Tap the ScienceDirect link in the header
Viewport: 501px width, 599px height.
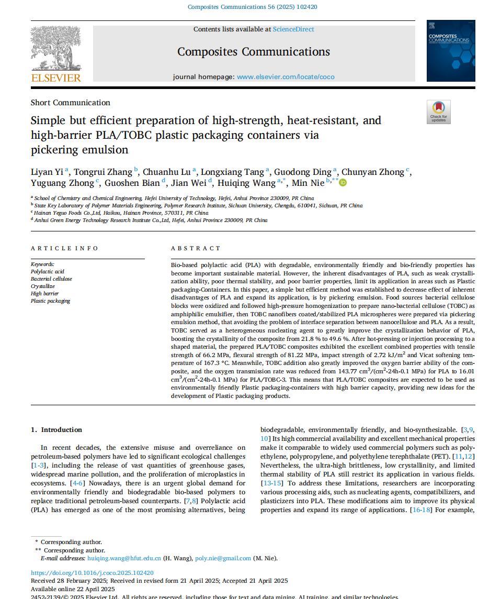pos(293,29)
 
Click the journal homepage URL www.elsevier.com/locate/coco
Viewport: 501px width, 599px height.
pos(286,77)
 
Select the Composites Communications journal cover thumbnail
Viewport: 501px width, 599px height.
pos(451,51)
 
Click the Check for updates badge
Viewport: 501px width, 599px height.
pos(438,112)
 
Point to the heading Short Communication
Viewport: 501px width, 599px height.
pos(71,103)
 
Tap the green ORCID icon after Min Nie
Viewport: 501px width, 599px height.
pos(343,183)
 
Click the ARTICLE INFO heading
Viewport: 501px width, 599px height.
pos(64,248)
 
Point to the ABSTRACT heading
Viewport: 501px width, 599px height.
pos(196,248)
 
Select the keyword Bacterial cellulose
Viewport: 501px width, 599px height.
pos(51,279)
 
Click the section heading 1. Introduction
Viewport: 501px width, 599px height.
pos(56,430)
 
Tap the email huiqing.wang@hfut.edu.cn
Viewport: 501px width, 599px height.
pos(124,558)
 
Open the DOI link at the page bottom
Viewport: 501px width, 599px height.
pos(92,573)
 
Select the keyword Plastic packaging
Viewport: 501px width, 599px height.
pos(50,301)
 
